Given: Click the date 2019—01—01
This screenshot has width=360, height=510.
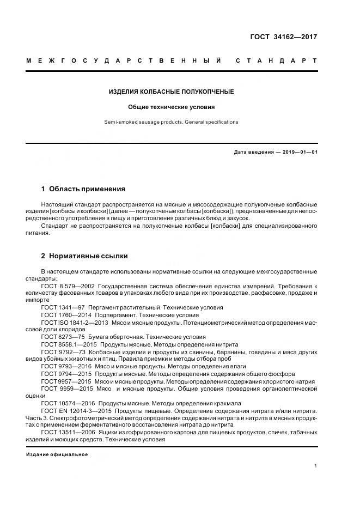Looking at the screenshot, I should (298, 153).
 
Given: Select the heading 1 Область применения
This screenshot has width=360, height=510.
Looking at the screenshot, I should (83, 189).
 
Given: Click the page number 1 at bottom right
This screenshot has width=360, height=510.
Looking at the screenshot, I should (316, 466).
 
